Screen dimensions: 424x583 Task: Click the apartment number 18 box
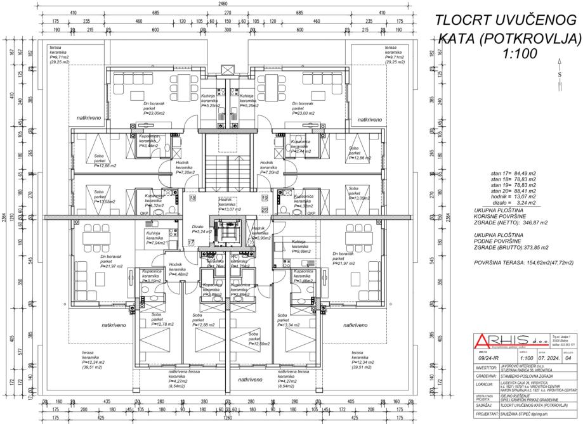[x=193, y=198]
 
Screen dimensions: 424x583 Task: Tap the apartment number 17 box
[x=191, y=243]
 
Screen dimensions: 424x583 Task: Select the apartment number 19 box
[x=264, y=198]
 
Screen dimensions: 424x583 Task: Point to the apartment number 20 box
[x=264, y=209]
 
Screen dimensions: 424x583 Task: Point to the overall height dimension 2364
[x=5, y=219]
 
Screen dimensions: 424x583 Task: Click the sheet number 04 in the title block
[x=568, y=357]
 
